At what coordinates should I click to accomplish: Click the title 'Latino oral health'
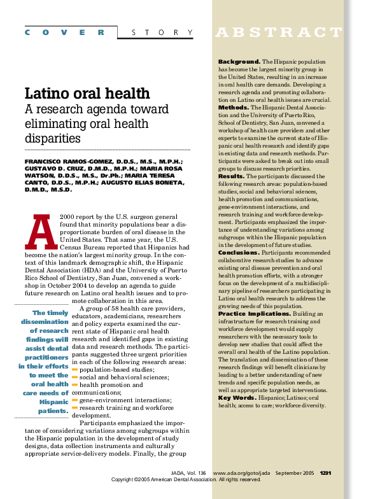coord(87,94)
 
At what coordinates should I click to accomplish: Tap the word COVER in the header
coord(65,32)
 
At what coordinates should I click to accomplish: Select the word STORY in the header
coord(162,32)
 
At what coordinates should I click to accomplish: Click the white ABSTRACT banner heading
coord(279,32)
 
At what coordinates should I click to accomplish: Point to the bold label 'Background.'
coord(239,61)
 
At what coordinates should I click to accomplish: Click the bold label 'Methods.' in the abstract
coord(234,108)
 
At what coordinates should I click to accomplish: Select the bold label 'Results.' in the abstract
coord(232,176)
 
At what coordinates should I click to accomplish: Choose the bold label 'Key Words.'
coord(237,398)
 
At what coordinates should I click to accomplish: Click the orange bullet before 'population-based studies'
coord(74,370)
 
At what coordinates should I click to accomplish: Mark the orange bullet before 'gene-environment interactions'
coord(74,400)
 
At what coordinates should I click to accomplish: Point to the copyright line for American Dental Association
coord(186,480)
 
